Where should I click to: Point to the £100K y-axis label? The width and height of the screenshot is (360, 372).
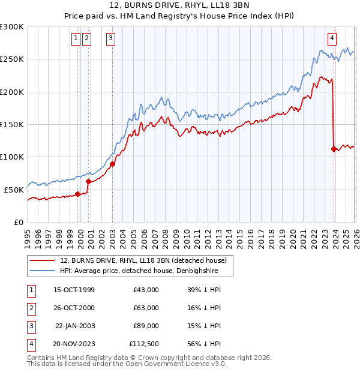pyautogui.click(x=12, y=157)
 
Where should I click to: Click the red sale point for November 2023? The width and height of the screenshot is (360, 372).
pyautogui.click(x=334, y=149)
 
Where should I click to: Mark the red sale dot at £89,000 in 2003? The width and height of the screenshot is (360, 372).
pyautogui.click(x=113, y=164)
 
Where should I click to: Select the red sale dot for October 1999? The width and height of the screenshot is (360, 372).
pyautogui.click(x=77, y=194)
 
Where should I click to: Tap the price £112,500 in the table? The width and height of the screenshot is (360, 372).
pyautogui.click(x=143, y=344)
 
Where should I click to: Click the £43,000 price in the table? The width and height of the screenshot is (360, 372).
pyautogui.click(x=146, y=290)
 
